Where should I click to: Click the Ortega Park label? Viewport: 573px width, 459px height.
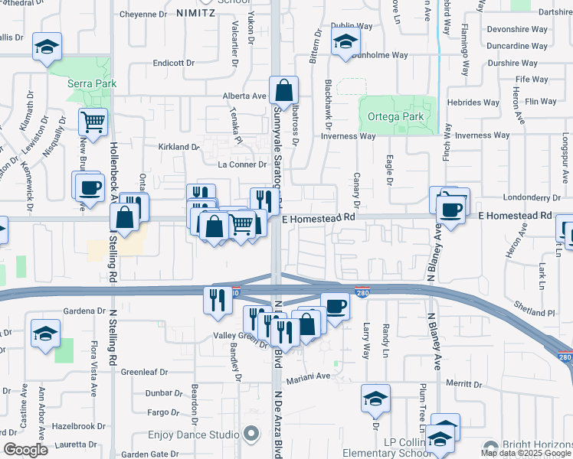pyautogui.click(x=396, y=117)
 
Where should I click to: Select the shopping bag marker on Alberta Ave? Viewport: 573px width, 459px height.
pyautogui.click(x=283, y=90)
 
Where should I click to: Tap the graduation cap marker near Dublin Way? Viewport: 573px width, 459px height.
pyautogui.click(x=345, y=43)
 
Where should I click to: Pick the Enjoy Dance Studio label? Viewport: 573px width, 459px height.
pyautogui.click(x=193, y=435)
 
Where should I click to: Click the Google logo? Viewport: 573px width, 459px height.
pyautogui.click(x=25, y=450)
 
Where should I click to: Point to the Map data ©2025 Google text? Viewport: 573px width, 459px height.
pyautogui.click(x=526, y=452)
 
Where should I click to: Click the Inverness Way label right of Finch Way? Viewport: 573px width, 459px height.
pyautogui.click(x=482, y=135)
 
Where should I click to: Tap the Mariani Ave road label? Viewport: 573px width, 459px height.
pyautogui.click(x=308, y=377)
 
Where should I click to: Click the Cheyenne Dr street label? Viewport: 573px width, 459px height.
pyautogui.click(x=142, y=14)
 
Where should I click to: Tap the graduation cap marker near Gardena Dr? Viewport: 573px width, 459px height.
pyautogui.click(x=46, y=334)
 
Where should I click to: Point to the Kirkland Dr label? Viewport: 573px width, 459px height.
pyautogui.click(x=178, y=146)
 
